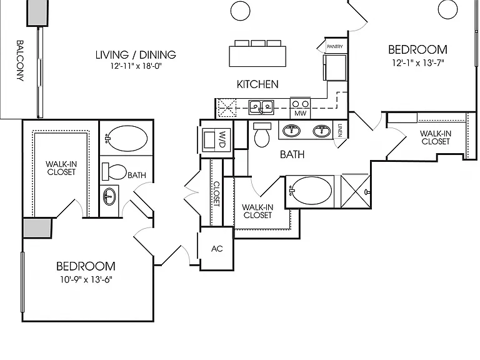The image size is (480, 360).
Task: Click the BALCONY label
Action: click(20, 61)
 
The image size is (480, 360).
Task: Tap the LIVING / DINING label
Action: click(136, 55)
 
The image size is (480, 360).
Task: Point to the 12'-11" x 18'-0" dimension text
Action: click(136, 66)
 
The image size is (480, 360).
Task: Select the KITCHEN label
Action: click(257, 84)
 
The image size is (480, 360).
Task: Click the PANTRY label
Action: click(335, 46)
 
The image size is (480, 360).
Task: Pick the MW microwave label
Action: click(300, 113)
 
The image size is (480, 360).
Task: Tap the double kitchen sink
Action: click(261, 107)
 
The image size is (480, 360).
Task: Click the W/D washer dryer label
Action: click(223, 139)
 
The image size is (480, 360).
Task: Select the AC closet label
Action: click(217, 249)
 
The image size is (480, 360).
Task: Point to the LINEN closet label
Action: click(340, 130)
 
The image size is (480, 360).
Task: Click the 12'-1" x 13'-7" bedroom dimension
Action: click(418, 62)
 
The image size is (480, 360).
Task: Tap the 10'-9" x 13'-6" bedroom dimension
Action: click(86, 279)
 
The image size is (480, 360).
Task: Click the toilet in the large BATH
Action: click(262, 135)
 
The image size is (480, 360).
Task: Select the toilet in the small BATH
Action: click(114, 172)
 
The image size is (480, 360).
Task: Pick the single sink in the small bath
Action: click(109, 196)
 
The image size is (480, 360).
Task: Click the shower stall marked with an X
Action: click(356, 191)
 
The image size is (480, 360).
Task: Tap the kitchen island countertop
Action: click(257, 56)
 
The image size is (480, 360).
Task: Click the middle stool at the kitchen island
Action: click(257, 43)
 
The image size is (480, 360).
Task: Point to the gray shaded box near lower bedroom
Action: click(37, 227)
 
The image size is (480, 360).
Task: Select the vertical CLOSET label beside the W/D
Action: click(216, 194)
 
